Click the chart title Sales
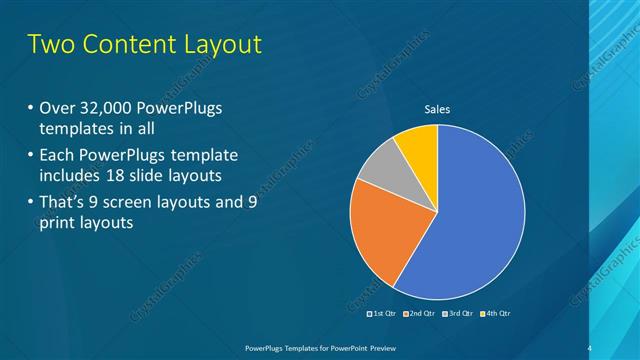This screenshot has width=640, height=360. (x=438, y=110)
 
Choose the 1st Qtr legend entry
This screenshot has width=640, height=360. (x=384, y=313)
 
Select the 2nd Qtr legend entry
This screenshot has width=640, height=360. (x=421, y=313)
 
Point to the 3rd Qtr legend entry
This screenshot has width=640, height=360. (x=458, y=313)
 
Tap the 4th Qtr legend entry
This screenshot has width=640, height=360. (x=495, y=313)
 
